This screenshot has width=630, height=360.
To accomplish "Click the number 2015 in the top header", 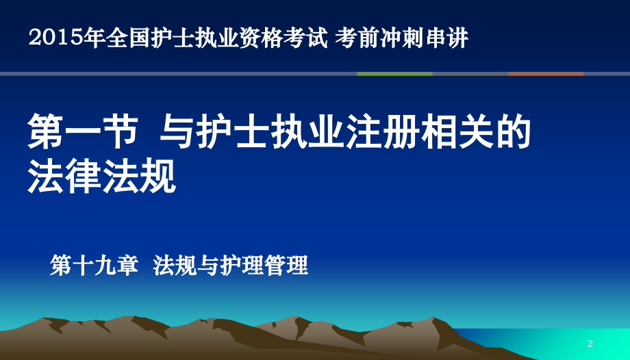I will point(56,38).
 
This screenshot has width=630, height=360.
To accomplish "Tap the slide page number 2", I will point(590,344).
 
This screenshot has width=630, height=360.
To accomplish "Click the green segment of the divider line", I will point(394,73).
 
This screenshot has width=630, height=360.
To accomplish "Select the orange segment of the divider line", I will point(546,73).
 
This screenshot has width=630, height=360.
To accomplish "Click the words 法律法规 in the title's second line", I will point(101,177).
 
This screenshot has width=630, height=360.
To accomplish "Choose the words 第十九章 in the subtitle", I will point(94,266).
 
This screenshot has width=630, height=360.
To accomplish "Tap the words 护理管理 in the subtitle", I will point(264,266).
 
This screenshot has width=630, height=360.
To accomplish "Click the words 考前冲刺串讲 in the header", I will point(402,38).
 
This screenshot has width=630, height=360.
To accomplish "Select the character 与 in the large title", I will point(177,131).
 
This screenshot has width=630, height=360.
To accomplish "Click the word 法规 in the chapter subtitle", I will point(175,266).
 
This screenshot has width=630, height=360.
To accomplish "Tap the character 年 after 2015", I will point(94,38).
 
